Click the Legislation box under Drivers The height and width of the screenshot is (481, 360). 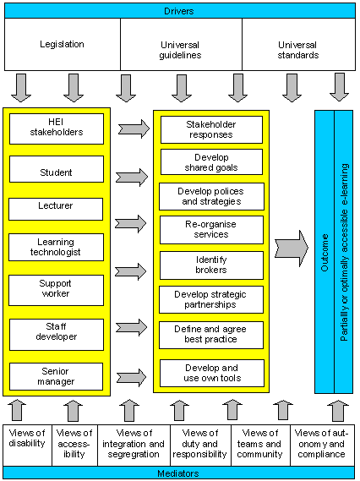(63, 45)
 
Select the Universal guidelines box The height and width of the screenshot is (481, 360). (181, 45)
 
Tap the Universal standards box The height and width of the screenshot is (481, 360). (298, 45)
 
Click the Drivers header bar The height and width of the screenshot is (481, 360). (180, 11)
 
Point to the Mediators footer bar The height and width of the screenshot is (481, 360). (179, 473)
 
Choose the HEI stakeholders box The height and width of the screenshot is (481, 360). (57, 128)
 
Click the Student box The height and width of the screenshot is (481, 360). (57, 169)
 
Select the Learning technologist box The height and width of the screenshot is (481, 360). (56, 247)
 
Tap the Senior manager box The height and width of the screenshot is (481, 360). (56, 376)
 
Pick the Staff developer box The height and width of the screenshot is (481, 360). (57, 335)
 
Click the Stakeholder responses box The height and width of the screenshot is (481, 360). (211, 129)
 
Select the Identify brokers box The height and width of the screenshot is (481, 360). (211, 265)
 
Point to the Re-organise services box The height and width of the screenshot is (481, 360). (211, 230)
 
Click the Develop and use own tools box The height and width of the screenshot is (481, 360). (212, 374)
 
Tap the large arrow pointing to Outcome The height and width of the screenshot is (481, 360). (292, 249)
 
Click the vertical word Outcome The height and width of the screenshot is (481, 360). (325, 253)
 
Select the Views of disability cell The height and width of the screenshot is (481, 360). (28, 445)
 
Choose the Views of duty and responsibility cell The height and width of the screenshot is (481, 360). (200, 445)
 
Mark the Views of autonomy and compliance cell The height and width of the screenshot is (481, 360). (322, 445)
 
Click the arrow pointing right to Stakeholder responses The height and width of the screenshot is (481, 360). (134, 128)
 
